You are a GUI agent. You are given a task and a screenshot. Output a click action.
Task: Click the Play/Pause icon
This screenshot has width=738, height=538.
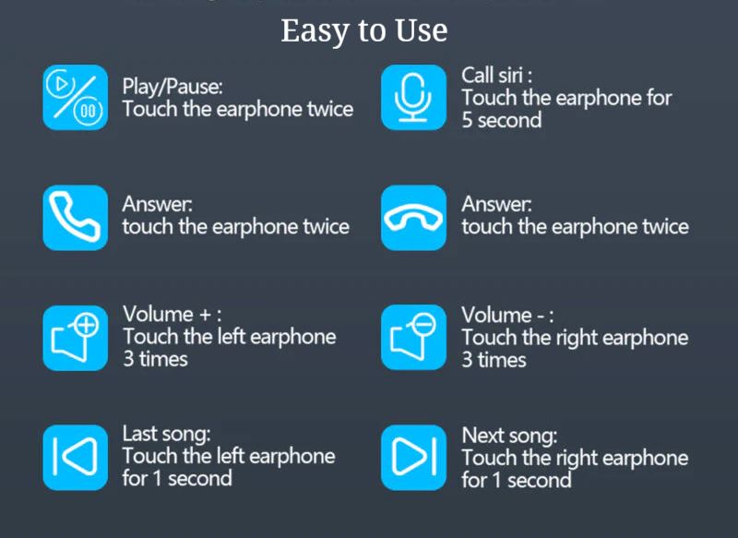pos(76,98)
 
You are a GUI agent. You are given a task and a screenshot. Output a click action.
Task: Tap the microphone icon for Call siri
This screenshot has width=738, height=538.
pos(413,98)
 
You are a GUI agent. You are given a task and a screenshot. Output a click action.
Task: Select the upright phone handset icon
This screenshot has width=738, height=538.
pos(76,218)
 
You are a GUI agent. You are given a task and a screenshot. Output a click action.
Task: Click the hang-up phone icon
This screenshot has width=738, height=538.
pos(413,218)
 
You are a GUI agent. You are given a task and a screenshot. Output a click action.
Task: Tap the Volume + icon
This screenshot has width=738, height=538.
pos(76,338)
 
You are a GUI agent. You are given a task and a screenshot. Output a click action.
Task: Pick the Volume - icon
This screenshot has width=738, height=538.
pos(413,338)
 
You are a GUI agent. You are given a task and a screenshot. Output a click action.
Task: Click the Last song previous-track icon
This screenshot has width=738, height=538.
pos(76,458)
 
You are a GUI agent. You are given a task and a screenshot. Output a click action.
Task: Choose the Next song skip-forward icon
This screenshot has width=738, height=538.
pos(413,458)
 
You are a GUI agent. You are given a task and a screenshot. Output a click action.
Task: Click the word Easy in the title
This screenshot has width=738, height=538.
pos(316,32)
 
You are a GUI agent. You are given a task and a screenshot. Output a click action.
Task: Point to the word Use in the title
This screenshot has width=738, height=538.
pos(422,30)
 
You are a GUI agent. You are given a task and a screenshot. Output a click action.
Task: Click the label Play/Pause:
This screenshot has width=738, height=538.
pos(173,87)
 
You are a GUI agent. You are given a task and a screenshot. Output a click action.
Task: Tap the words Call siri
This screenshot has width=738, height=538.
pos(493,76)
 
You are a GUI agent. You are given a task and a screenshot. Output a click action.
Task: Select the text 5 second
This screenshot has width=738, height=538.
pos(502,121)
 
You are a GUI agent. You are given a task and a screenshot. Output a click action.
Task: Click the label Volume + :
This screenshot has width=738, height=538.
pos(172,314)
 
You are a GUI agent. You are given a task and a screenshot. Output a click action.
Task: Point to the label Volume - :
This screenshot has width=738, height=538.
pos(507,315)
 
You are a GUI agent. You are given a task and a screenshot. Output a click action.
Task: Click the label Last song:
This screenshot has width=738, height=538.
pos(167,435)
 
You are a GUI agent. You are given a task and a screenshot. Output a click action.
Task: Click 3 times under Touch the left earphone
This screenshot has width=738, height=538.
pos(155,359)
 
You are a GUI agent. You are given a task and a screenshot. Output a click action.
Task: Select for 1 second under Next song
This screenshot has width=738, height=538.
pos(517,481)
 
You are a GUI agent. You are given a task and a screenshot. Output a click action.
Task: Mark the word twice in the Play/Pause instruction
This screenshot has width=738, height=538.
pos(330,109)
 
